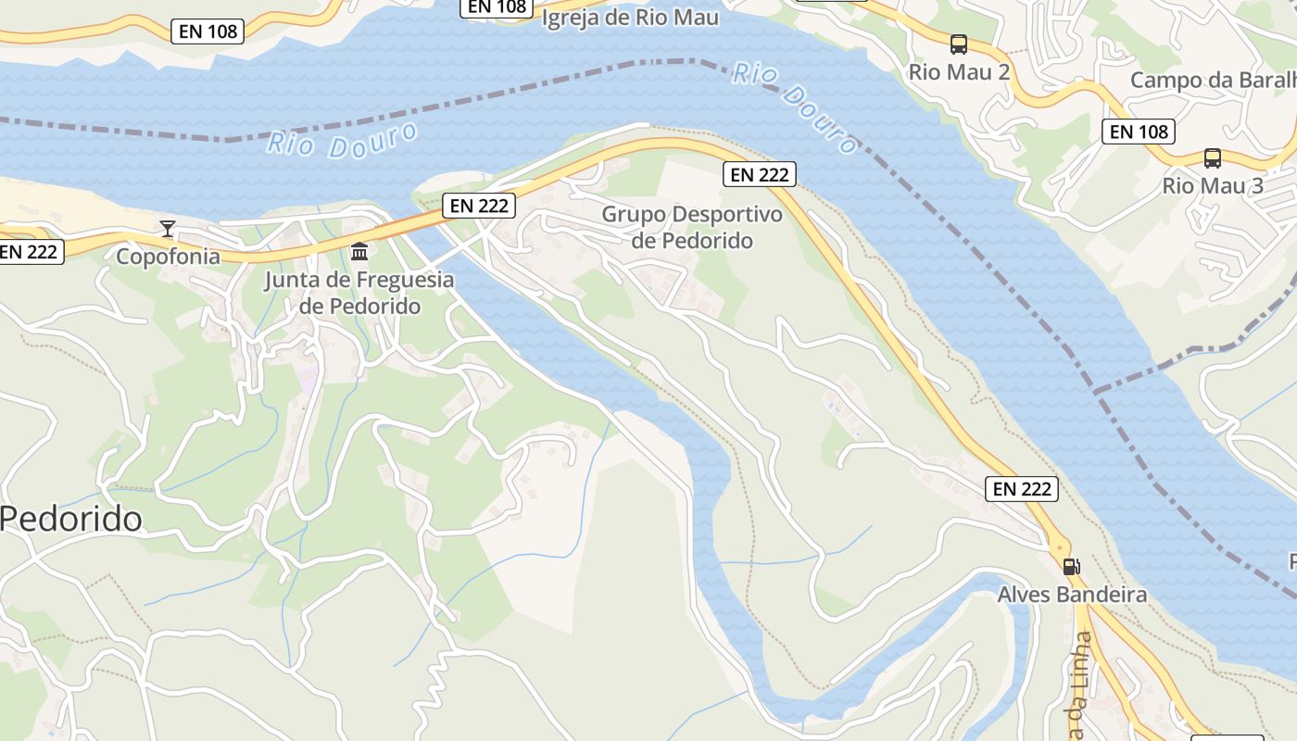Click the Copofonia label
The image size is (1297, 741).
coord(168,257)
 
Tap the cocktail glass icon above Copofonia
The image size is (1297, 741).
coord(168,228)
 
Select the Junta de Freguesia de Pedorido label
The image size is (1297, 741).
coord(359,293)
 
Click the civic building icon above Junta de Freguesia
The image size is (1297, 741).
coord(359,251)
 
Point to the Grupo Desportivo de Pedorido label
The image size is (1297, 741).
coord(692,227)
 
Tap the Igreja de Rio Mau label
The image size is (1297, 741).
coord(630,19)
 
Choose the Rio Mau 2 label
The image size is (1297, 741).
coord(959,72)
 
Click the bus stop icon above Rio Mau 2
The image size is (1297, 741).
coord(959,44)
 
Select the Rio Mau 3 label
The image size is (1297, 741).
coord(1213,186)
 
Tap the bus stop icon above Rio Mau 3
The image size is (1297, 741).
coord(1213,157)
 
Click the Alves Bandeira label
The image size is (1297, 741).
coord(1072,595)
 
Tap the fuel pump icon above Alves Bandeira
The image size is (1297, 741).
coord(1071,566)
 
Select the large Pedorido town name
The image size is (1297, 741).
coord(71,520)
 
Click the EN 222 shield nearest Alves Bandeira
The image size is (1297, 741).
coord(1023,489)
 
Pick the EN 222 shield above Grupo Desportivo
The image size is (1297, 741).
coord(760,174)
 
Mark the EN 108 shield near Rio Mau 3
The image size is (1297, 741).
coord(1140,132)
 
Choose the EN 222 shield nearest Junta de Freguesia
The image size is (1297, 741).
coord(479,206)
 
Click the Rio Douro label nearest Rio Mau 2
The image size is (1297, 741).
coord(795,107)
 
